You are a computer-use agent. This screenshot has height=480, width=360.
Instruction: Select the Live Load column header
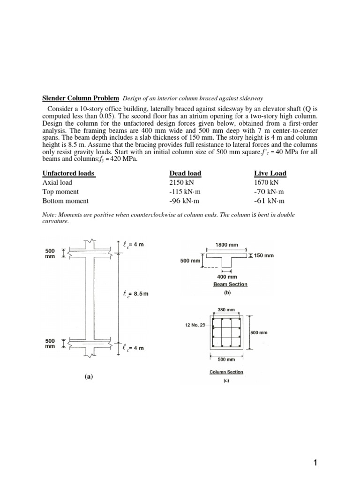pos(270,173)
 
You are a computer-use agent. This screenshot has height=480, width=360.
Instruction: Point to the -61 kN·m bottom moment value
pos(269,201)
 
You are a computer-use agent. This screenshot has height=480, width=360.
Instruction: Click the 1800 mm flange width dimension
pos(226,244)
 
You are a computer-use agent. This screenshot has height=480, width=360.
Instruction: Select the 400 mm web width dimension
pos(226,277)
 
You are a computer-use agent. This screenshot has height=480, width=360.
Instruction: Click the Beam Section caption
pos(230,284)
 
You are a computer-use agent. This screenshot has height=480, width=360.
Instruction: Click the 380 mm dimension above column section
pos(227,310)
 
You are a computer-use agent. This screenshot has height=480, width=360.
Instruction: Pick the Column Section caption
pos(227,372)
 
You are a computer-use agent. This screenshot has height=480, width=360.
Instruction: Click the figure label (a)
pos(88,376)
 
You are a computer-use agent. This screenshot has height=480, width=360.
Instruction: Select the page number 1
pos(315,463)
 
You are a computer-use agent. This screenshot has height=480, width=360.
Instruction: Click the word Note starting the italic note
pos(49,214)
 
